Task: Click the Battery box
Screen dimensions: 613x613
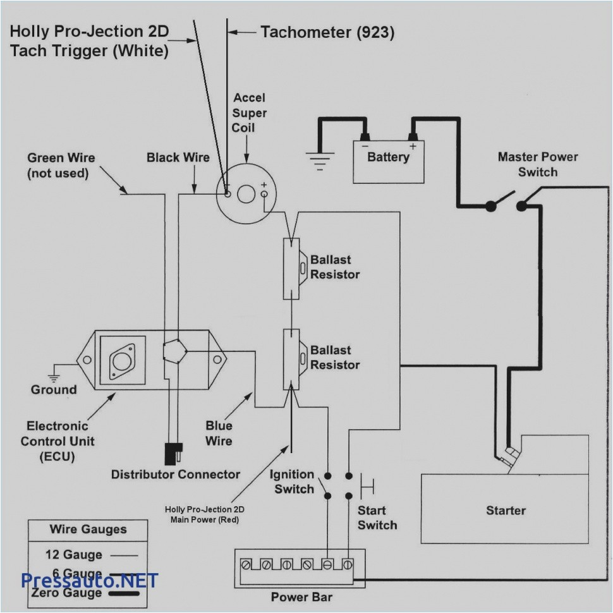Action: (388, 162)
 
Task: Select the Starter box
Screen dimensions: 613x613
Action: (506, 509)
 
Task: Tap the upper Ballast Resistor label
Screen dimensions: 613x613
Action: (335, 267)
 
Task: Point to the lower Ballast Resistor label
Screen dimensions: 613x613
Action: (335, 358)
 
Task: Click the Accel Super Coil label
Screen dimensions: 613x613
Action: (249, 112)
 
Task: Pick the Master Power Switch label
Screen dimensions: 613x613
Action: (537, 164)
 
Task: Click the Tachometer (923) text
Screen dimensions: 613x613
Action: (327, 33)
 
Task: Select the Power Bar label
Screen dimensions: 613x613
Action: (301, 597)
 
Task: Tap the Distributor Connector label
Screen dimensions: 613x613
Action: (176, 474)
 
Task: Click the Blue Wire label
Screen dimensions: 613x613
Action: (219, 434)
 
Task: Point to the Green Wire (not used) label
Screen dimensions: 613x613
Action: (57, 166)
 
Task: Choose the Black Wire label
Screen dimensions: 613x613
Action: (178, 157)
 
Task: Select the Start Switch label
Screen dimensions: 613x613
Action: (377, 518)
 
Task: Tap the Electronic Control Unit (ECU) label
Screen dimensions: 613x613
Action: (57, 441)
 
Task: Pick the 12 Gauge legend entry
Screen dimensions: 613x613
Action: (73, 555)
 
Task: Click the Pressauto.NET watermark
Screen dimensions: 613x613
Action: (88, 580)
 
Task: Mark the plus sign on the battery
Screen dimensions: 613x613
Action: (413, 146)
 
